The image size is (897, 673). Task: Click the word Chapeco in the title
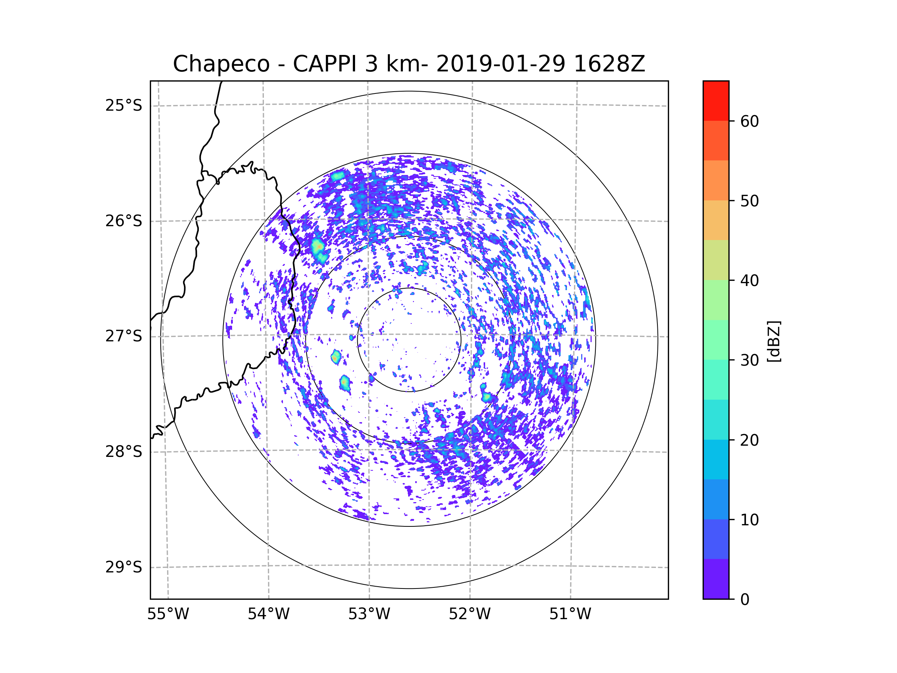coord(221,64)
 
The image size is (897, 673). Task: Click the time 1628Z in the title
coord(610,64)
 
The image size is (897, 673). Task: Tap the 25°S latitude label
coord(124,105)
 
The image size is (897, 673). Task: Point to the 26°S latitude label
coord(124,221)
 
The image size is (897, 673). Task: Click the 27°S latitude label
coord(124,336)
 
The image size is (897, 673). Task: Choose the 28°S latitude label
coord(124,452)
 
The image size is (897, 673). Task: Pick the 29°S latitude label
coord(124,567)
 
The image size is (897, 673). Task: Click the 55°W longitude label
coord(168,614)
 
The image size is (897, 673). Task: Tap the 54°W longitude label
coord(268,614)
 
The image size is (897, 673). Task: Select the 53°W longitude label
coord(369,614)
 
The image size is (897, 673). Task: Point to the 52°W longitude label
coord(469,614)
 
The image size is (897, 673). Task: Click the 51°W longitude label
coord(570,614)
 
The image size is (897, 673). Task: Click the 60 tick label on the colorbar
coord(749,121)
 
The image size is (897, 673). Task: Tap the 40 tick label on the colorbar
coord(749,280)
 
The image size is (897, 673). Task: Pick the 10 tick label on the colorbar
coord(749,520)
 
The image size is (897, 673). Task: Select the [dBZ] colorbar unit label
coord(774,341)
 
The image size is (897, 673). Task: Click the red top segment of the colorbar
coord(716,101)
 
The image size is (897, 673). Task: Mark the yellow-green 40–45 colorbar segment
coord(716,260)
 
